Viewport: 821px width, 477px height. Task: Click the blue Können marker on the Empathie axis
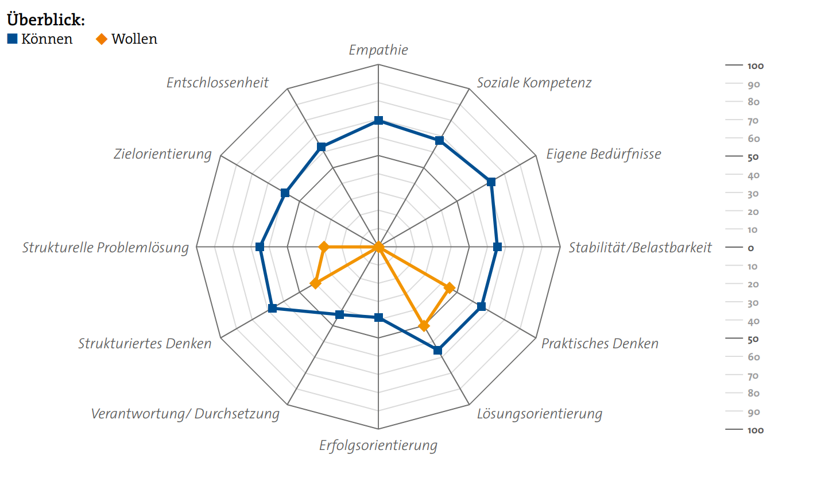pyautogui.click(x=378, y=120)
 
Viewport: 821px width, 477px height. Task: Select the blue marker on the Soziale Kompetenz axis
pyautogui.click(x=439, y=141)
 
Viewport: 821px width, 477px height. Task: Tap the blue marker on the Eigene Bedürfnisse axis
pyautogui.click(x=491, y=182)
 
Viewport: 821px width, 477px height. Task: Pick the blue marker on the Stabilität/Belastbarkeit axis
pyautogui.click(x=497, y=247)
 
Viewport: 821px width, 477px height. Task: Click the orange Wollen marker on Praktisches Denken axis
pyautogui.click(x=450, y=287)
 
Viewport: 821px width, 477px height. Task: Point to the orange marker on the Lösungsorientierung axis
pyautogui.click(x=424, y=326)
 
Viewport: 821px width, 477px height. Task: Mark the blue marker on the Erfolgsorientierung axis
pyautogui.click(x=378, y=317)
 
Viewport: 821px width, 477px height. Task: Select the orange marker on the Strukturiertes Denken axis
pyautogui.click(x=315, y=283)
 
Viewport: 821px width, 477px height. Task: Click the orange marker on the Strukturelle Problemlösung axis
pyautogui.click(x=324, y=247)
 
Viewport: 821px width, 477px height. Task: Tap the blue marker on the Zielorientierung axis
pyautogui.click(x=285, y=193)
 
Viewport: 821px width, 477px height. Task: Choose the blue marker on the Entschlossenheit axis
pyautogui.click(x=322, y=147)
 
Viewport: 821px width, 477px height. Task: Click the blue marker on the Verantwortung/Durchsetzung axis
pyautogui.click(x=339, y=314)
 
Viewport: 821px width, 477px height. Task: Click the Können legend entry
pyautogui.click(x=40, y=39)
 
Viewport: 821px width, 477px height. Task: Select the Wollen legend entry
pyautogui.click(x=127, y=39)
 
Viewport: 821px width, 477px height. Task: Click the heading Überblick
pyautogui.click(x=46, y=20)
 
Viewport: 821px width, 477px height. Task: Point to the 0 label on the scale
pyautogui.click(x=750, y=248)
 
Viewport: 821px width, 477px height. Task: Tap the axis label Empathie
pyautogui.click(x=378, y=50)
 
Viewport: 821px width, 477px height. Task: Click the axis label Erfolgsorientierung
pyautogui.click(x=378, y=445)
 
